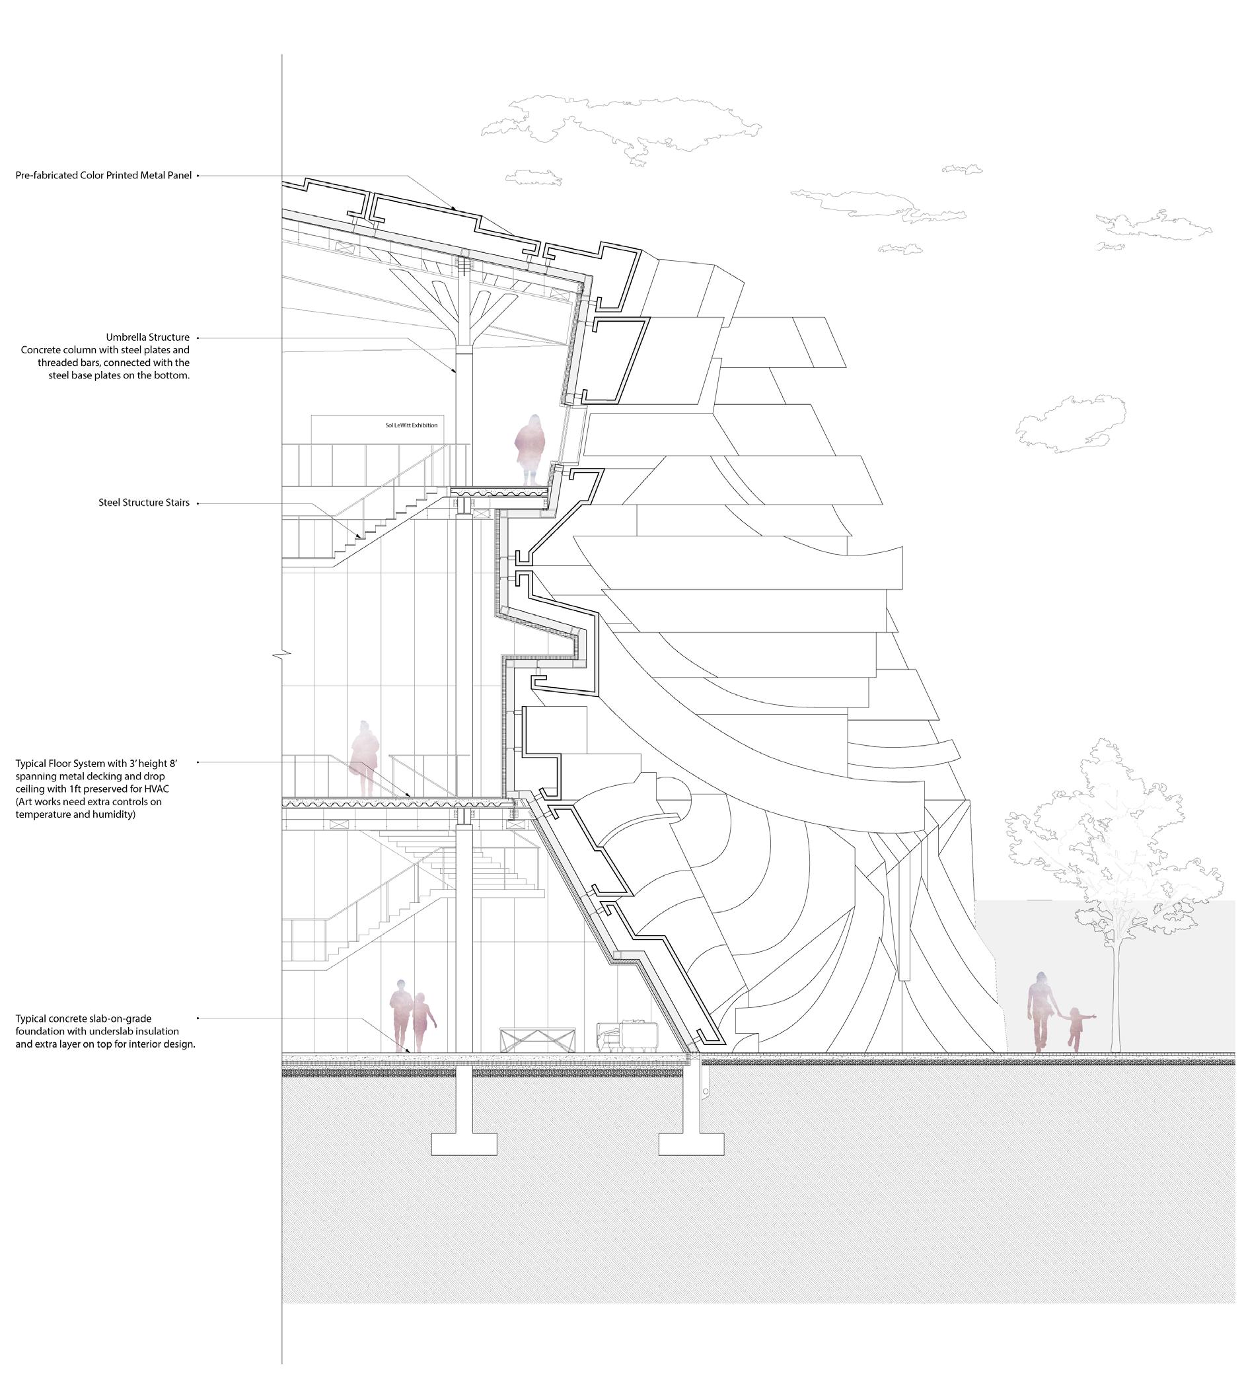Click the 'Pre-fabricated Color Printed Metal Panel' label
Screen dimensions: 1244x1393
(x=103, y=176)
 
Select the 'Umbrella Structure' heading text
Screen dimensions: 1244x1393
(x=147, y=337)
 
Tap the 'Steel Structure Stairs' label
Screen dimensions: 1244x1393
(x=143, y=503)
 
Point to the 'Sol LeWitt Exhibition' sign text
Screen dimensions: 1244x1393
(x=411, y=425)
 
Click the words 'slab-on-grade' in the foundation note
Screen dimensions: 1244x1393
(x=120, y=1018)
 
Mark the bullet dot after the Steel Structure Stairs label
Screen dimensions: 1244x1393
(x=198, y=503)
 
